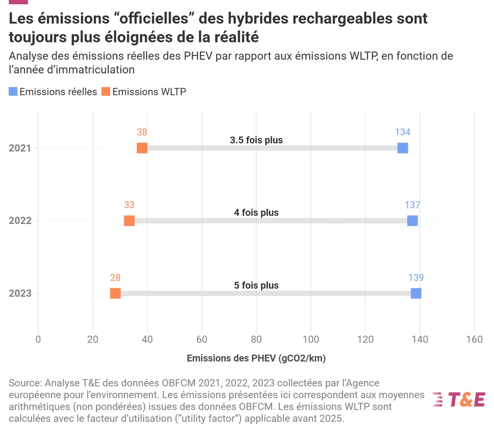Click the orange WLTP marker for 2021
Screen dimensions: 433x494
142,148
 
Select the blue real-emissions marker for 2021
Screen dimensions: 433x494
402,148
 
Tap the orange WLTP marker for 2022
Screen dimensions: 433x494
129,221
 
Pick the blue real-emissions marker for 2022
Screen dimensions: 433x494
412,221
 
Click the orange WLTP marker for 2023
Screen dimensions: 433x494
115,293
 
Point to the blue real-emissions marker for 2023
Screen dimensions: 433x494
416,293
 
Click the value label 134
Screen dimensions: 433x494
402,132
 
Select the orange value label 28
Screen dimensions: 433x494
115,278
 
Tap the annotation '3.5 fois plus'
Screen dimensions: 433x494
256,140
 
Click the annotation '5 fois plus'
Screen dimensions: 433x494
256,285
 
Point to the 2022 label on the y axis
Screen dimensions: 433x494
20,221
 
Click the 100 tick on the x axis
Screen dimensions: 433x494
311,339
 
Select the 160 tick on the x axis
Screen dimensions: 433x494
474,339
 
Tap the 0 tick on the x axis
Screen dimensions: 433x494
38,339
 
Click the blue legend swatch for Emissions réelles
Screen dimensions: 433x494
13,92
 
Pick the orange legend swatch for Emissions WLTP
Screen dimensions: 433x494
106,92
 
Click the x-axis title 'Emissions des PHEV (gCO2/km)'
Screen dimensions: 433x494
256,358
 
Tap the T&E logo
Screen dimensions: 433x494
459,400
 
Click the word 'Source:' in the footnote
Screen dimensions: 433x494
25,383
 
